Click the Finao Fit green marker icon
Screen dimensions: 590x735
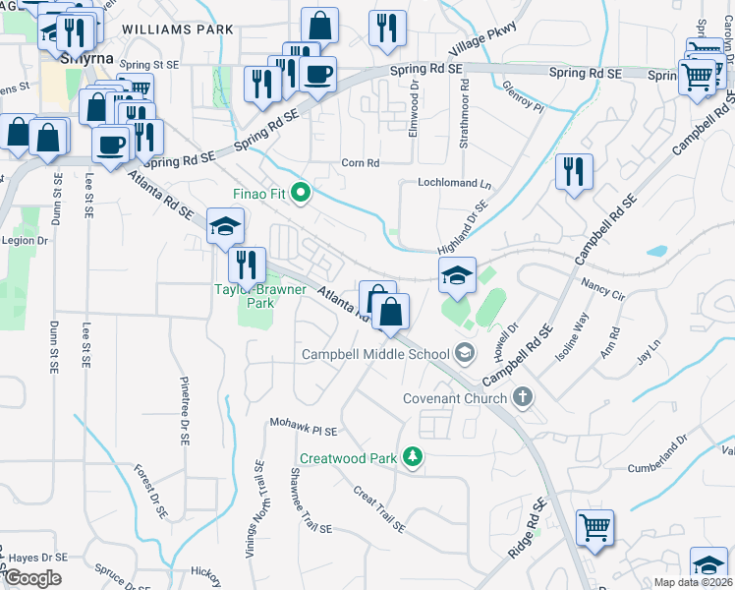coord(304,193)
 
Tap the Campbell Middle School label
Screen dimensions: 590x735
coord(375,354)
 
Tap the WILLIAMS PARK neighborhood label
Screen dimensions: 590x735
coord(180,29)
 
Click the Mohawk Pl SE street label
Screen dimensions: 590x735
coord(304,430)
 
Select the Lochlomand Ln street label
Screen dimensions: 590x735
coord(454,184)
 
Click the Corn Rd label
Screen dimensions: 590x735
coord(360,163)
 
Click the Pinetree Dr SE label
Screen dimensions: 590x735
coord(184,410)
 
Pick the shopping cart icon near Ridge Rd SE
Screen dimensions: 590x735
coord(594,527)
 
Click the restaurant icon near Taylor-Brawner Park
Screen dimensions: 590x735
coord(247,265)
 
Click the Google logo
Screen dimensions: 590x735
coord(32,577)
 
